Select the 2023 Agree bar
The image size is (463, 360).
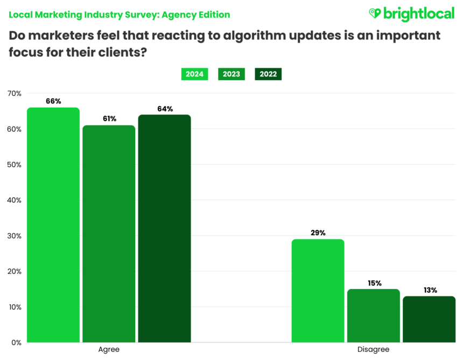tap(109, 234)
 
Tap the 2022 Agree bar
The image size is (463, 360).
tap(164, 228)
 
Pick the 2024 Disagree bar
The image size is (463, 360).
tap(318, 291)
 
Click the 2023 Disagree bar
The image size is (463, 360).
tap(373, 315)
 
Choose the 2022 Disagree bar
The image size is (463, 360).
tap(429, 319)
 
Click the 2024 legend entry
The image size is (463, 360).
tap(194, 74)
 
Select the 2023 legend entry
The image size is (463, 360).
tap(231, 74)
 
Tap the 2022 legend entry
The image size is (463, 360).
tap(268, 74)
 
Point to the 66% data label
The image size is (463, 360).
tap(53, 101)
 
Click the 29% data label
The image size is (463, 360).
tap(318, 232)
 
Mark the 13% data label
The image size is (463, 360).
tap(429, 290)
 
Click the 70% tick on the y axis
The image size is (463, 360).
tap(14, 94)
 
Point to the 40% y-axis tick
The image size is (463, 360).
tap(14, 200)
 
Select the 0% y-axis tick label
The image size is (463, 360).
tap(16, 342)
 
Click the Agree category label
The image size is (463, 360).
tap(109, 350)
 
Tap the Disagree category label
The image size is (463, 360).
tap(373, 350)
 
